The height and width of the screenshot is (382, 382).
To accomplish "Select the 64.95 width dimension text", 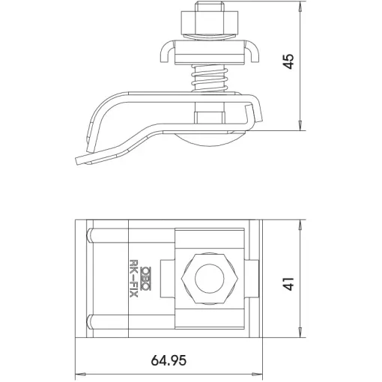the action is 169,360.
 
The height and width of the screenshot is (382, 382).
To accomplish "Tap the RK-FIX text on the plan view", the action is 134,278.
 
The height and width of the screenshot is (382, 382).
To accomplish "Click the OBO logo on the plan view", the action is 145,279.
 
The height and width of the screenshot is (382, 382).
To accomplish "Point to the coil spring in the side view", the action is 209,78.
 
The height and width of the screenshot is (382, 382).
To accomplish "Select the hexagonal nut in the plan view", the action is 209,279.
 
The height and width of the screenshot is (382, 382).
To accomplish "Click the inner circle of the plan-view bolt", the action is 209,279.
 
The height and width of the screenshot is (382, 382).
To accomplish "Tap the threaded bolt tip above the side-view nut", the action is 209,6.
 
